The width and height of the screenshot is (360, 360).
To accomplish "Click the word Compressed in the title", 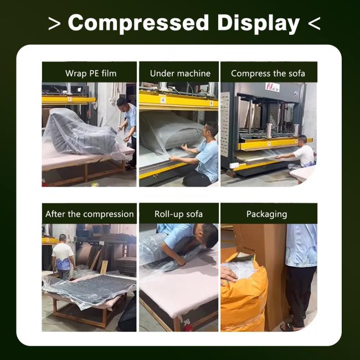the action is [138, 23].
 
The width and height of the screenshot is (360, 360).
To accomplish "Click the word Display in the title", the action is [259, 23].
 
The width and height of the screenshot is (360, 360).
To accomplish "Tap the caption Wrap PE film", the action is [91, 74].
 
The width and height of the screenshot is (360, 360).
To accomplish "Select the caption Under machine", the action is [180, 74].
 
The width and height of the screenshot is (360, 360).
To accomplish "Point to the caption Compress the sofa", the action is [268, 74].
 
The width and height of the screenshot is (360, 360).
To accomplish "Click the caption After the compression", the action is [90, 214].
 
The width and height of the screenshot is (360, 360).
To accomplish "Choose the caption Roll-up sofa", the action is [179, 214].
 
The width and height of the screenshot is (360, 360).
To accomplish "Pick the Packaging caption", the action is [267, 214].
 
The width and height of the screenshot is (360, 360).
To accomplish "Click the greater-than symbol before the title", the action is [54, 24].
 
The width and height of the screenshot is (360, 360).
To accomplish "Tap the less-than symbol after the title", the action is [314, 24].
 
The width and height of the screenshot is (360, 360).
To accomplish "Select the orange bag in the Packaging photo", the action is [244, 293].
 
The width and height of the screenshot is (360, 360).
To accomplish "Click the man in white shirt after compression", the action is [63, 256].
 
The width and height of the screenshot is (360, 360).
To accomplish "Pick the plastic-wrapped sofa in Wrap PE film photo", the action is [81, 133].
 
